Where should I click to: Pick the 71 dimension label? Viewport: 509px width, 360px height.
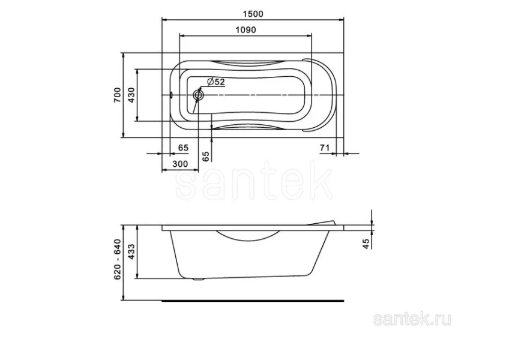click(x=325, y=147)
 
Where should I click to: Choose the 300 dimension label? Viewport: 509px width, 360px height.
click(x=180, y=164)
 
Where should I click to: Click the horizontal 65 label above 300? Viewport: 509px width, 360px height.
click(x=184, y=148)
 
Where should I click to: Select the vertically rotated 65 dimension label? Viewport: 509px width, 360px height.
click(x=206, y=156)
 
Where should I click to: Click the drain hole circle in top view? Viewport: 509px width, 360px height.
click(x=199, y=95)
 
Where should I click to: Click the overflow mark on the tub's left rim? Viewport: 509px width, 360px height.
click(x=171, y=95)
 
